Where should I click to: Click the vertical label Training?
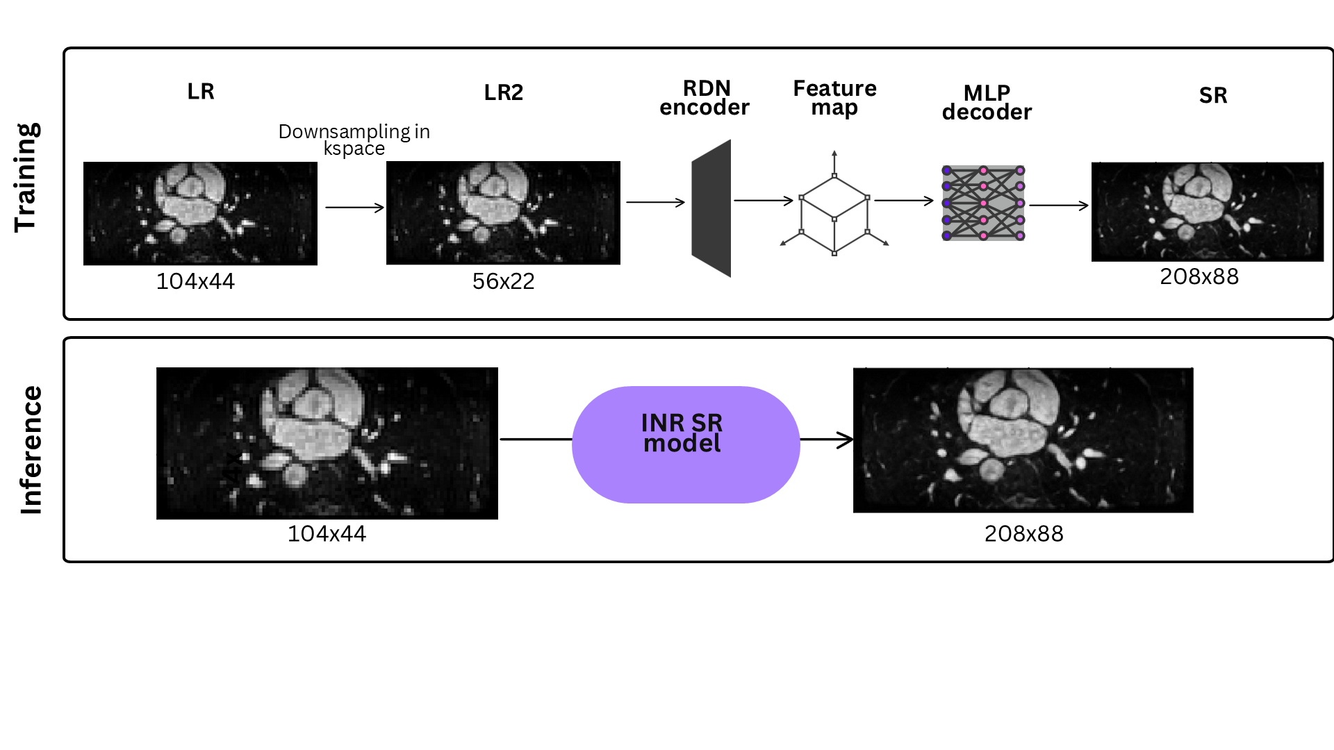27,178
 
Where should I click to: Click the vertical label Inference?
31,450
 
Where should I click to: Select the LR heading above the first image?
201,92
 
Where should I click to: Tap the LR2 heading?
503,92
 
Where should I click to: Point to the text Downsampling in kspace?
354,140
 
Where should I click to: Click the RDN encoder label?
705,98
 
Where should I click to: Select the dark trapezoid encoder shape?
711,208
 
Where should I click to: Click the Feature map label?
834,98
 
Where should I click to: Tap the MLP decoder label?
987,102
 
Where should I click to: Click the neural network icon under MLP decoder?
983,203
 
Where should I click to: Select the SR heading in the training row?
1213,95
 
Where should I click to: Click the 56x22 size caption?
503,281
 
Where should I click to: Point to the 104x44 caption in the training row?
195,281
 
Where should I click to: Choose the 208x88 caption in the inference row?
1023,533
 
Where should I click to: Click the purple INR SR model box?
686,444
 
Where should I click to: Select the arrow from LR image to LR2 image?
354,207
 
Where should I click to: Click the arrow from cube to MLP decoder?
903,201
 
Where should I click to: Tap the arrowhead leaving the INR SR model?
844,440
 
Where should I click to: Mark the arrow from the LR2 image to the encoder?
655,202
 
